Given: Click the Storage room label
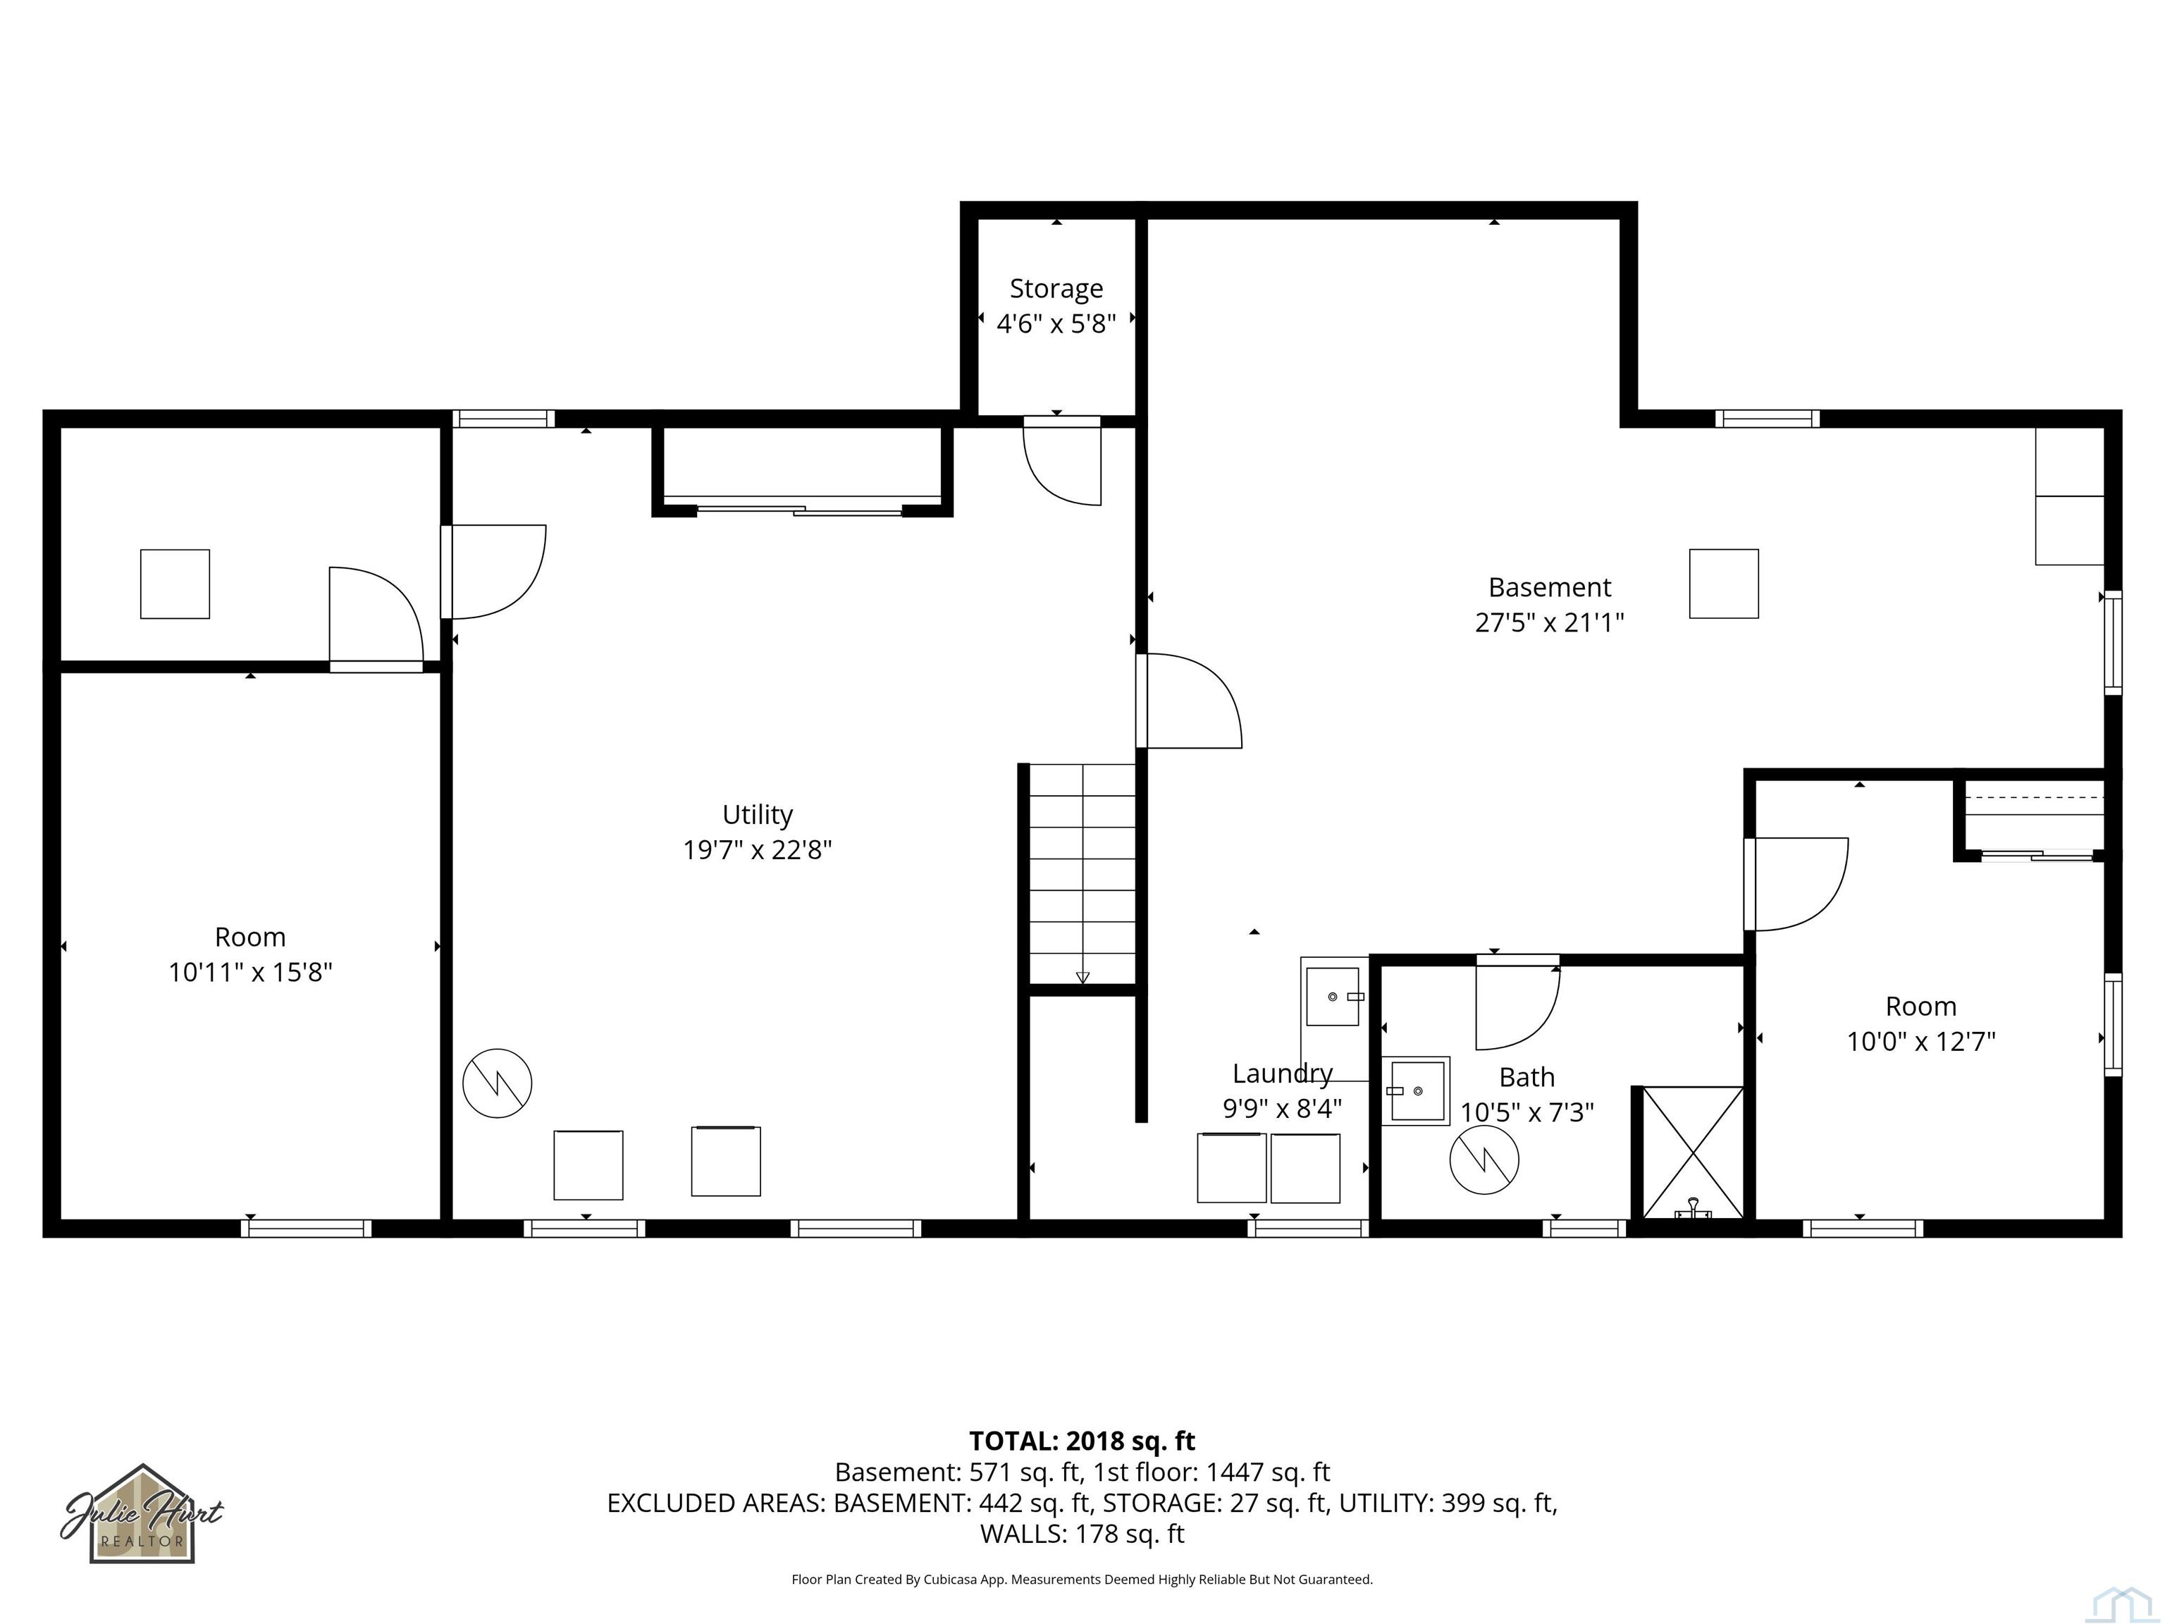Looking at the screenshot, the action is point(1056,289).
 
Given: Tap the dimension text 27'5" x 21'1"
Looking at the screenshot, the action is point(1549,622).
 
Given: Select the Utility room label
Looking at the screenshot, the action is point(758,814).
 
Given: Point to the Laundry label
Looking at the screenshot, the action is point(1282,1074).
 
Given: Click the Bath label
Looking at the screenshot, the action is point(1527,1077).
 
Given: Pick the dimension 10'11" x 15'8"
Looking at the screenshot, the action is point(251,972).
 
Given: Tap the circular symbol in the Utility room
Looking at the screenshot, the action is point(498,1083).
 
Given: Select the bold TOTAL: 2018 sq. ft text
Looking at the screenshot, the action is point(1082,1441).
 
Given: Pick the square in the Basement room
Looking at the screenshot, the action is point(1724,584).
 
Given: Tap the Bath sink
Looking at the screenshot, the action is point(1415,1090).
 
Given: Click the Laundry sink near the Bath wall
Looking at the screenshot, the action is point(1334,997).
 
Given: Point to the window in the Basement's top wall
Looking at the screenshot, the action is point(1768,419).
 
